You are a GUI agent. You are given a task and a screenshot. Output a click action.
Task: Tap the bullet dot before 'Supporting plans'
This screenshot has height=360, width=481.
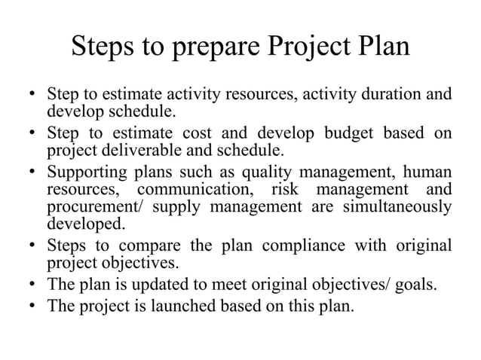32,173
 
